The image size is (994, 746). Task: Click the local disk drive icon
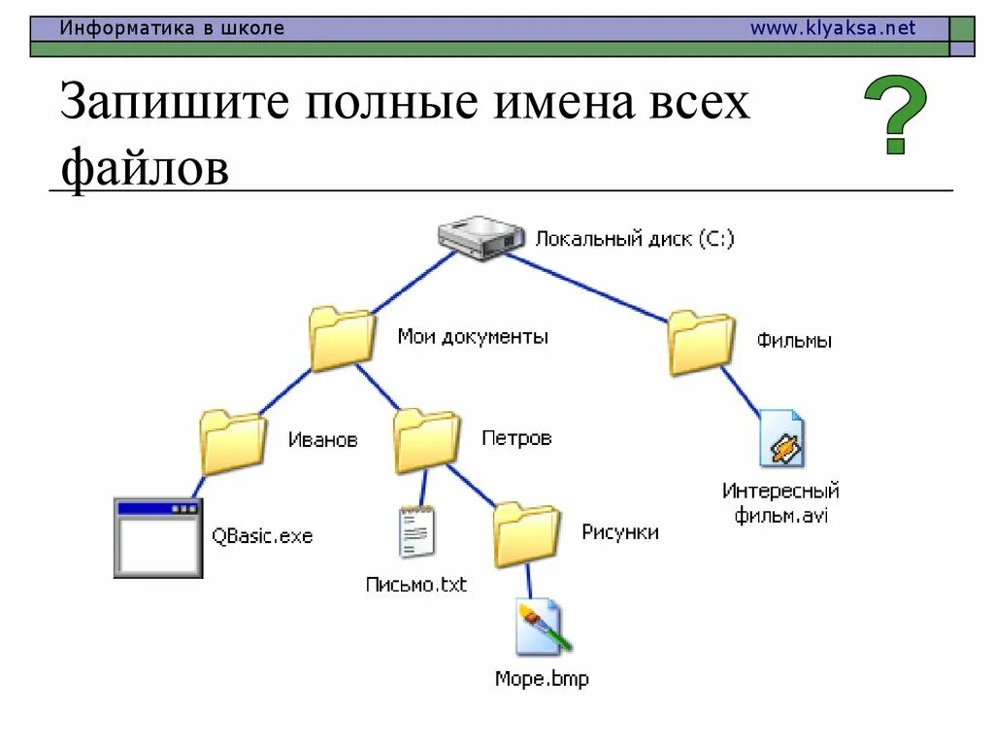480,237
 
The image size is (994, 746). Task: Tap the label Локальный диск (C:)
635,238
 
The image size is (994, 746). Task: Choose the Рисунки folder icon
527,534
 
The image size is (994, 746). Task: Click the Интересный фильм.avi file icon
781,440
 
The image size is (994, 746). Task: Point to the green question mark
894,116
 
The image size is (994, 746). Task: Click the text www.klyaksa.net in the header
832,28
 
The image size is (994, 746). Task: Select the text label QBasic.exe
262,536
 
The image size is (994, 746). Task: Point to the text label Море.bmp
542,679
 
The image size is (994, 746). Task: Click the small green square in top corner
962,29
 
